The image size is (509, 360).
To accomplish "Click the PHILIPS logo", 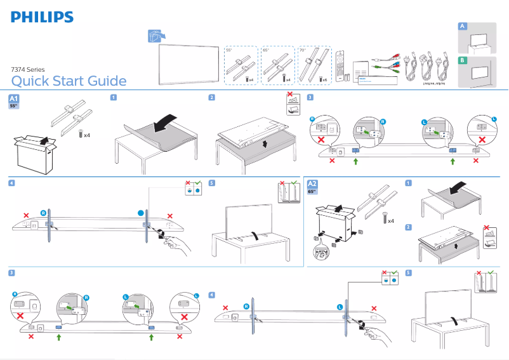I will tap(42, 17).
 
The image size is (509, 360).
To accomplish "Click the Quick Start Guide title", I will tap(69, 81).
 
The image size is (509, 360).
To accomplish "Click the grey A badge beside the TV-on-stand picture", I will tap(463, 26).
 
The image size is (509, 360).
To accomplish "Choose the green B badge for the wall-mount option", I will tap(463, 60).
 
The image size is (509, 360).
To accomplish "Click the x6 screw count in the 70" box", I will tap(324, 80).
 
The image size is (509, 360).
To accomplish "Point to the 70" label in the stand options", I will tap(302, 50).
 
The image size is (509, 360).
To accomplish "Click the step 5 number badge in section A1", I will tap(212, 183).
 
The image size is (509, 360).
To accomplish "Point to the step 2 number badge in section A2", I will tap(409, 227).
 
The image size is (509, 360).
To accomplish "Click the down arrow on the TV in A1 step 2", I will tap(264, 143).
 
